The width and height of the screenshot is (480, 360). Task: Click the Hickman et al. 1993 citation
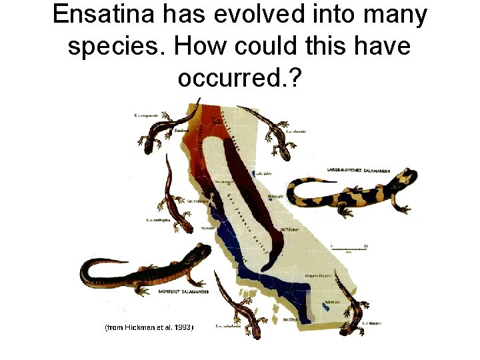tap(149, 328)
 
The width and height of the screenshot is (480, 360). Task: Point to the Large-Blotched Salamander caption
tap(359, 170)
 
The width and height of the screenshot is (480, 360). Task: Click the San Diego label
tap(289, 321)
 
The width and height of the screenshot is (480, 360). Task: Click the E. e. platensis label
tap(295, 131)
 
